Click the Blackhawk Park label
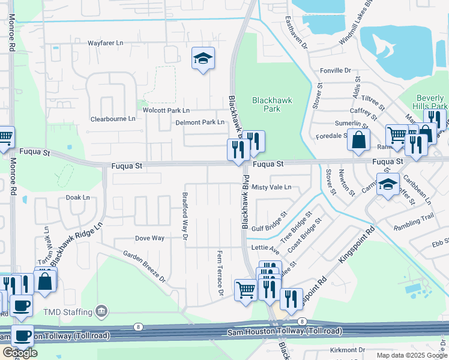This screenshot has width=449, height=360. (x=272, y=105)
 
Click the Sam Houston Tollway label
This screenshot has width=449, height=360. (x=285, y=331)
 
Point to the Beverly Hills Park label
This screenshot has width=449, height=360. (x=430, y=102)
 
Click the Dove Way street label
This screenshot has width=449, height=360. (x=149, y=238)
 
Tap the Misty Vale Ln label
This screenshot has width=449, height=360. (x=271, y=187)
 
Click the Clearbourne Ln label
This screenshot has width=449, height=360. (x=113, y=119)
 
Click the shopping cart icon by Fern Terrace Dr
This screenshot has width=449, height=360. (x=246, y=291)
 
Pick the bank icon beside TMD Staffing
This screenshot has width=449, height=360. (x=101, y=311)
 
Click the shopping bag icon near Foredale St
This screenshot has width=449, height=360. (x=358, y=140)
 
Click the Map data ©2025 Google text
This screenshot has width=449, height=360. (x=412, y=355)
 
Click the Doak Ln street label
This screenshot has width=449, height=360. (x=77, y=197)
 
